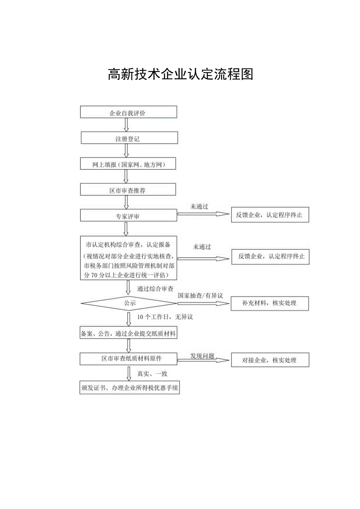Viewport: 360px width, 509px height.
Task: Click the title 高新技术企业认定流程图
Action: tap(180, 74)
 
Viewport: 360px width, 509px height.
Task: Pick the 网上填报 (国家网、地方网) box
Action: tap(128, 164)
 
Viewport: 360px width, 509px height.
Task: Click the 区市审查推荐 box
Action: tap(128, 190)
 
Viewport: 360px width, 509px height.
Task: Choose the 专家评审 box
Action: tap(128, 216)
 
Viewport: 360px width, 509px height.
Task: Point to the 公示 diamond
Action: tap(129, 303)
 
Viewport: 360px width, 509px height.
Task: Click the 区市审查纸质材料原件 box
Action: tap(129, 358)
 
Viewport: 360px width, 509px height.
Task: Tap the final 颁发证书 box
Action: tap(130, 388)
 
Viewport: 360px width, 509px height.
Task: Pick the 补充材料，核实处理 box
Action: tap(270, 303)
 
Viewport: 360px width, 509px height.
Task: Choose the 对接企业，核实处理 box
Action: tap(270, 360)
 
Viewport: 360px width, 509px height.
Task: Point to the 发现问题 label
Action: tap(202, 356)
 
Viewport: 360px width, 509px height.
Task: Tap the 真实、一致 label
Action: tap(152, 374)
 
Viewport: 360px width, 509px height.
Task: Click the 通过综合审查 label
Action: tap(155, 289)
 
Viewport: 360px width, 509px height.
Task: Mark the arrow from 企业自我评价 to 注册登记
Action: tap(126, 124)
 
